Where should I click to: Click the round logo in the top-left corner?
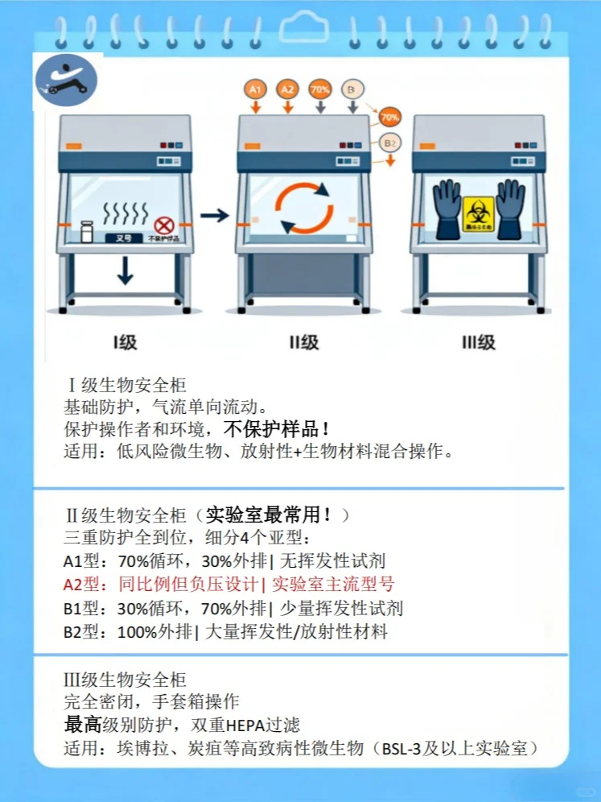click(x=67, y=81)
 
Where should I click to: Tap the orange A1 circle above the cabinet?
click(x=256, y=89)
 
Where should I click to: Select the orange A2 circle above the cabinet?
click(x=288, y=89)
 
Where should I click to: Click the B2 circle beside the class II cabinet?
click(x=389, y=143)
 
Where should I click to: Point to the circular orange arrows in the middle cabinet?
click(x=304, y=208)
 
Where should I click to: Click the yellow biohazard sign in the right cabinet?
click(x=478, y=214)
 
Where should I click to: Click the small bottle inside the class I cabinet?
click(x=87, y=231)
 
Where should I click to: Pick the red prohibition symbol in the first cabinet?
click(x=163, y=224)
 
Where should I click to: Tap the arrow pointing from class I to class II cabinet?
click(x=214, y=215)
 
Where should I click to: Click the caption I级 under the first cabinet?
click(x=125, y=342)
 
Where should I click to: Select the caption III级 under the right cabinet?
click(x=478, y=342)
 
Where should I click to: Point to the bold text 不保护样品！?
click(x=275, y=428)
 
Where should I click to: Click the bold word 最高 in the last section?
click(x=82, y=725)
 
